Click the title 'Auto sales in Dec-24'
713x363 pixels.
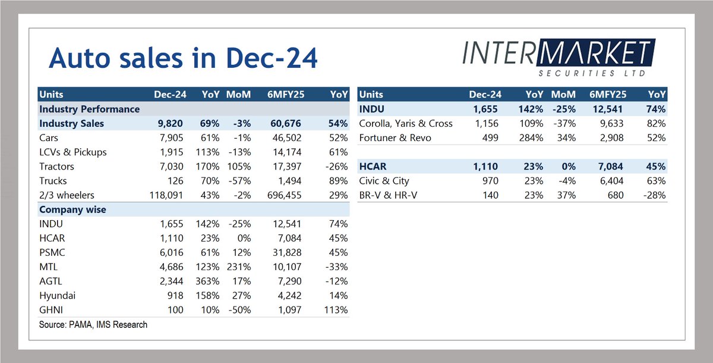[183, 59]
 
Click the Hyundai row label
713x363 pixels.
[58, 295]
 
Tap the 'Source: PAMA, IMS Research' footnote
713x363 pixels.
[93, 324]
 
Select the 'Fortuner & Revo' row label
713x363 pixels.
[395, 137]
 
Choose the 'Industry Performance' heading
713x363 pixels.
[90, 109]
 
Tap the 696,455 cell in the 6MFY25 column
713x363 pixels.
[282, 195]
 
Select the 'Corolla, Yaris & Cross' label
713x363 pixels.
[406, 123]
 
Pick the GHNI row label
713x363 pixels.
[52, 309]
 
